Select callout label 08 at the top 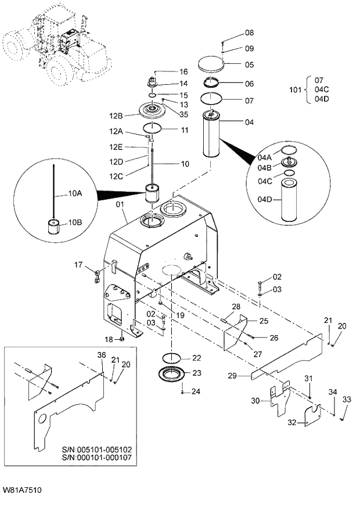(249, 33)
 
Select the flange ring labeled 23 (172, 375)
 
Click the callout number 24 (196, 391)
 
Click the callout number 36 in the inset (102, 355)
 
